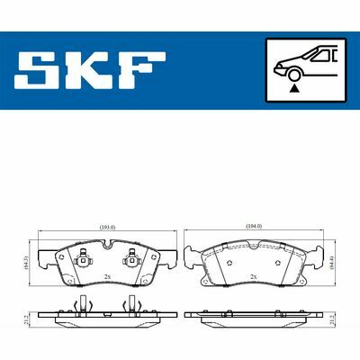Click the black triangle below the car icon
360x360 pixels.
[294, 89]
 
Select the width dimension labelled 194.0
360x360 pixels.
[253, 226]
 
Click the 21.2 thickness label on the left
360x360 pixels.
[28, 319]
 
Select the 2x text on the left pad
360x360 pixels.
[106, 276]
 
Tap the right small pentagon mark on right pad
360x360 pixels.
[279, 262]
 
